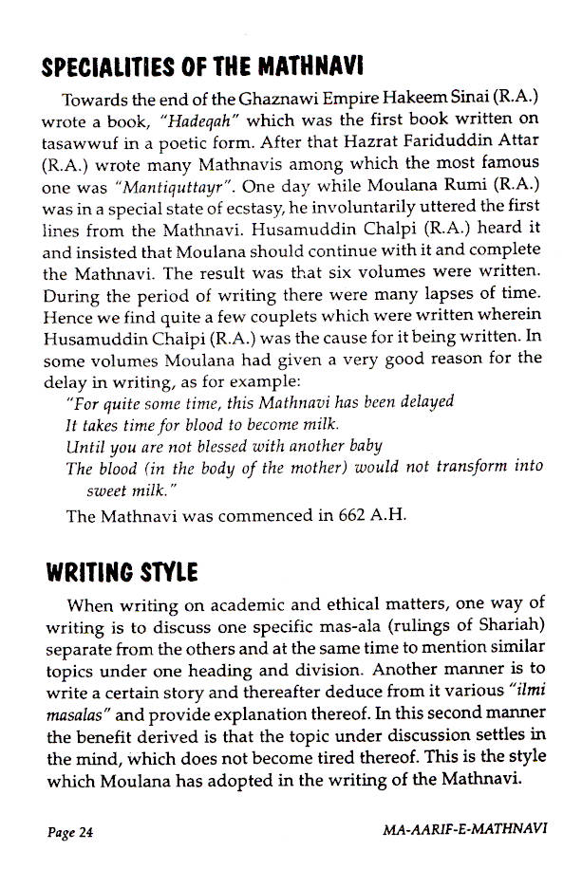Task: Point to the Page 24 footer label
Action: click(69, 833)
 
